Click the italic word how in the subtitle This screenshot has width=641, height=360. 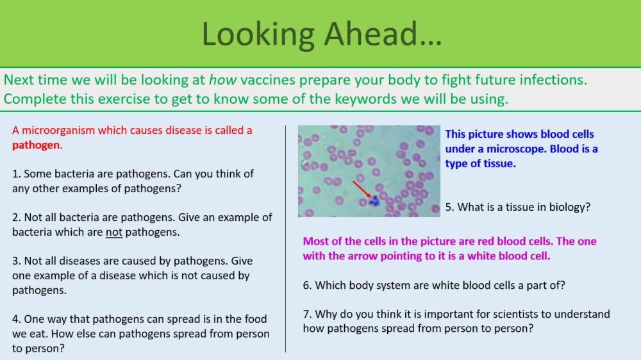pyautogui.click(x=223, y=79)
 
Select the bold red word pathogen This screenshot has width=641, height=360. pyautogui.click(x=36, y=145)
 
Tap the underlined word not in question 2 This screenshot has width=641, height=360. pyautogui.click(x=114, y=232)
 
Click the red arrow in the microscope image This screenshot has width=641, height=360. pyautogui.click(x=362, y=189)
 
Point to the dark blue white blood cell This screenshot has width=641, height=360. pyautogui.click(x=374, y=200)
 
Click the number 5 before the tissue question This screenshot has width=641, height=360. pyautogui.click(x=448, y=207)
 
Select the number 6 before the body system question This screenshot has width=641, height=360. pyautogui.click(x=306, y=285)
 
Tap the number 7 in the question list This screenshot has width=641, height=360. pyautogui.click(x=306, y=315)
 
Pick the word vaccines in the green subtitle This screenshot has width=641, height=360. pyautogui.click(x=268, y=79)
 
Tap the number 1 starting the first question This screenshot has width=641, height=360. pyautogui.click(x=15, y=174)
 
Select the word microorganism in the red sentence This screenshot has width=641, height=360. pyautogui.click(x=58, y=130)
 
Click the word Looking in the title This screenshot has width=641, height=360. pyautogui.click(x=258, y=35)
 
